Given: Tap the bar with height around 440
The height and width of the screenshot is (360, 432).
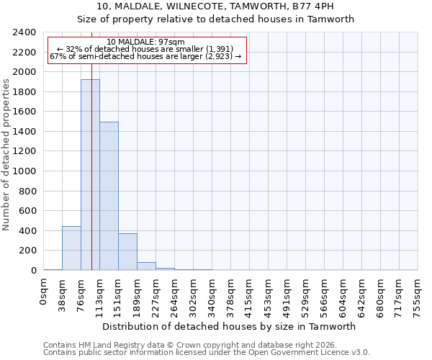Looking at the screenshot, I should pyautogui.click(x=71, y=248).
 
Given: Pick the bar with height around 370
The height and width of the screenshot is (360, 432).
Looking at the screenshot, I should pyautogui.click(x=127, y=252).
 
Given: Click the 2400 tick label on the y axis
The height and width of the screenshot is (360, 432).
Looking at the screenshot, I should pyautogui.click(x=24, y=32).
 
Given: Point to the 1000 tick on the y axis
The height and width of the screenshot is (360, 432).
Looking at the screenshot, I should pyautogui.click(x=24, y=171).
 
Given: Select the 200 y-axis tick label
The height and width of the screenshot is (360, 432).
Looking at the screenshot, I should pyautogui.click(x=27, y=251).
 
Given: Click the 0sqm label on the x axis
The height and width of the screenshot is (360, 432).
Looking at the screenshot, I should pyautogui.click(x=44, y=292).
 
